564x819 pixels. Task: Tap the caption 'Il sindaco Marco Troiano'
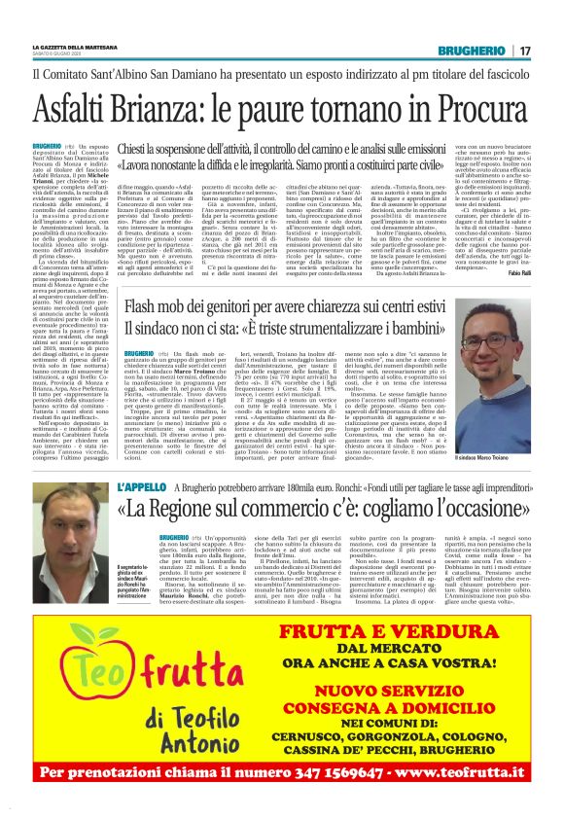[490, 402]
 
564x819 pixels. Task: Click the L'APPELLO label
[141, 486]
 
